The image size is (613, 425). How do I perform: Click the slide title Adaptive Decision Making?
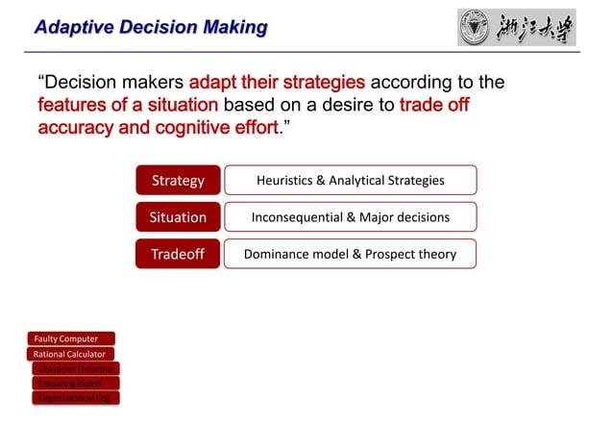(x=150, y=27)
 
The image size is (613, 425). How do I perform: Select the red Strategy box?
(x=178, y=180)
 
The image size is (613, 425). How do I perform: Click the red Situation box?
(x=178, y=217)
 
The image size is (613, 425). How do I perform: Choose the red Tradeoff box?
(x=178, y=254)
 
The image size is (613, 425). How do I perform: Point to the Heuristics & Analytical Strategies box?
(x=350, y=180)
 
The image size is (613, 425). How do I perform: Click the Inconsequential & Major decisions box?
(x=350, y=217)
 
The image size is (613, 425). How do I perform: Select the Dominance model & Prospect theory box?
(x=350, y=254)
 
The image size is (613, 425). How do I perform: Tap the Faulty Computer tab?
(x=71, y=338)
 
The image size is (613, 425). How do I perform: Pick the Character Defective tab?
(x=75, y=368)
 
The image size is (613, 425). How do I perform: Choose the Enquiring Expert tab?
(x=75, y=383)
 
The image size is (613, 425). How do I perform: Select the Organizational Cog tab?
(x=75, y=397)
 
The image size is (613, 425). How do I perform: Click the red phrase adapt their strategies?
(x=277, y=82)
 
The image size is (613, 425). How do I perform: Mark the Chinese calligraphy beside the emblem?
(x=537, y=27)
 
